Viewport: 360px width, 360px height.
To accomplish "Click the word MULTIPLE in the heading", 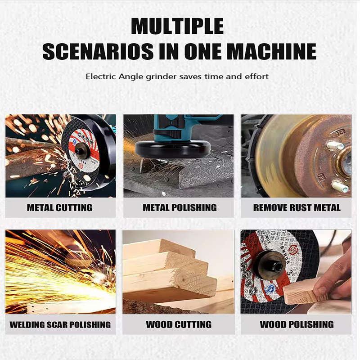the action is (177, 26).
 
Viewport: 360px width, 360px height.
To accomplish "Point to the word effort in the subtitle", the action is (257, 76).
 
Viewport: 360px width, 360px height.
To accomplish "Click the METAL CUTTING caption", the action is (60, 208).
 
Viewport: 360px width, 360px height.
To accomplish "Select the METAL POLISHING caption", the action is (180, 208).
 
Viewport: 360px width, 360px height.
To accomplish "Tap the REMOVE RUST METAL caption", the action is (297, 208).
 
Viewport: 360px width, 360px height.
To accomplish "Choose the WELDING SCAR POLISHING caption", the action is (60, 324).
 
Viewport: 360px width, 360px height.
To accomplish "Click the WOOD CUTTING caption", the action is (179, 324).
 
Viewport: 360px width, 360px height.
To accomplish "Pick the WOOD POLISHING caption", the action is (297, 324).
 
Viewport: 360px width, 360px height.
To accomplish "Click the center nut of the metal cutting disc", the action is (82, 151).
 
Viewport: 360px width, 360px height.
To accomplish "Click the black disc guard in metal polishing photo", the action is (173, 149).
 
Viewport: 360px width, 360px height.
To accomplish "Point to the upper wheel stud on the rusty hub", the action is (335, 145).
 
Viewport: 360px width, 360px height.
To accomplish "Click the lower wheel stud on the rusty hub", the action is (340, 186).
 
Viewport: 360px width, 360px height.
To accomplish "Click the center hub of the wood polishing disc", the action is (272, 265).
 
